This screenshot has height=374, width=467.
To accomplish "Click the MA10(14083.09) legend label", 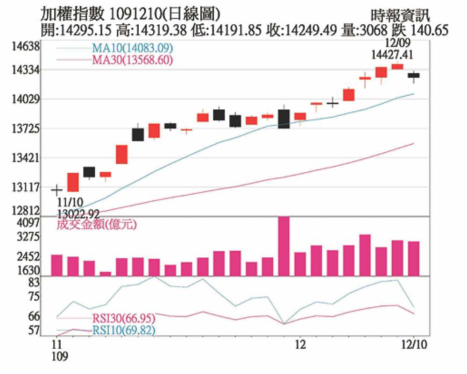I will (133, 49).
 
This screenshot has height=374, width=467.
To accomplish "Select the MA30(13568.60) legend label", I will (133, 60).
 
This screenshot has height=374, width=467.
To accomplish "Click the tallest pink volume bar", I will (283, 246).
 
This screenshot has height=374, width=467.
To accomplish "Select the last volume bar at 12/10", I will (413, 258).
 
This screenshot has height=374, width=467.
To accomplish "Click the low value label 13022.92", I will (78, 214).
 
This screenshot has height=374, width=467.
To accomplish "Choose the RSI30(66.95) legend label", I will (124, 319).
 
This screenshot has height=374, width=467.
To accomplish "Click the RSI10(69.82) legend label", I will (124, 331).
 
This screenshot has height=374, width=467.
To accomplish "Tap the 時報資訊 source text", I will (401, 15).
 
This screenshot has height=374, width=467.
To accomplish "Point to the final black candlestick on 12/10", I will (413, 75).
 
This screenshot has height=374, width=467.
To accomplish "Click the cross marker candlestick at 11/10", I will (57, 190).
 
